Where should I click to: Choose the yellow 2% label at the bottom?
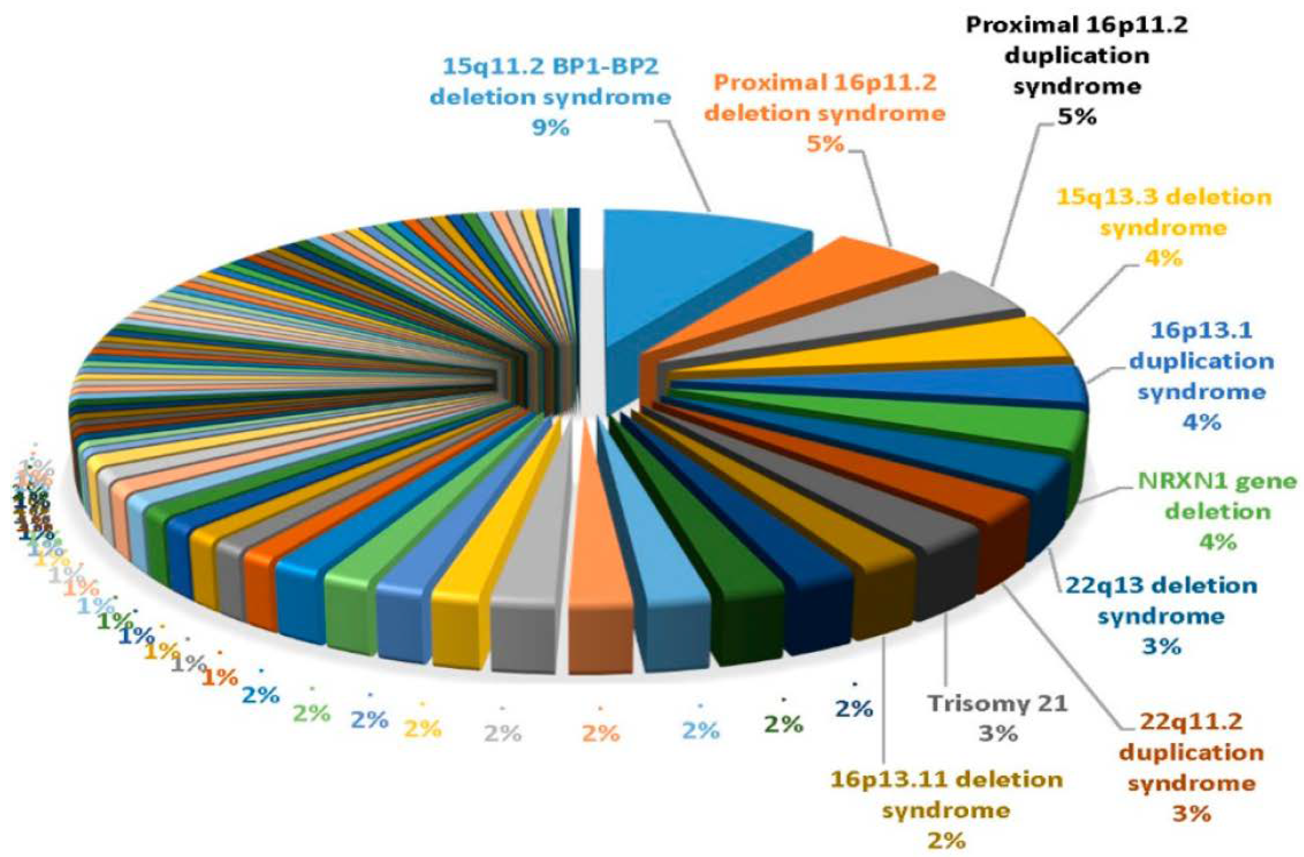(422, 729)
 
